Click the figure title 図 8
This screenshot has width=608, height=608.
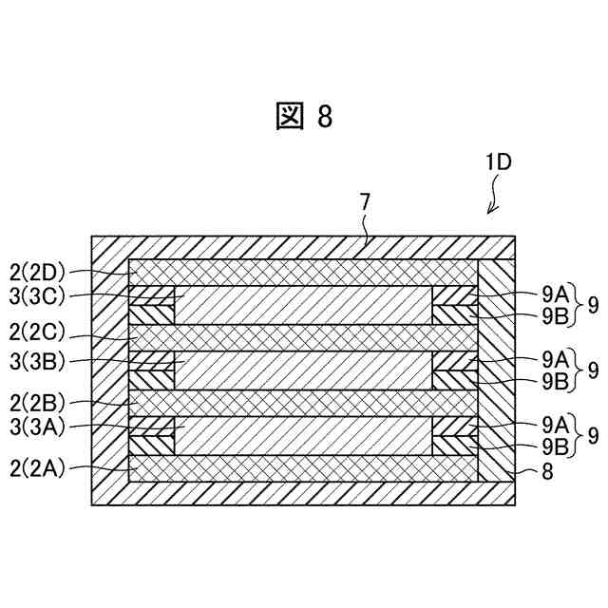click(304, 117)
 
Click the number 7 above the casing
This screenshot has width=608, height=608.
click(366, 201)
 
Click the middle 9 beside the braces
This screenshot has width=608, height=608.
click(593, 370)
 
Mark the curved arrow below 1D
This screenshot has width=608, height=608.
click(495, 198)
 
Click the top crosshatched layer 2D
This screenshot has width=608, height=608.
click(304, 272)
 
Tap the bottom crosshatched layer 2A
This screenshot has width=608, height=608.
click(304, 468)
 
